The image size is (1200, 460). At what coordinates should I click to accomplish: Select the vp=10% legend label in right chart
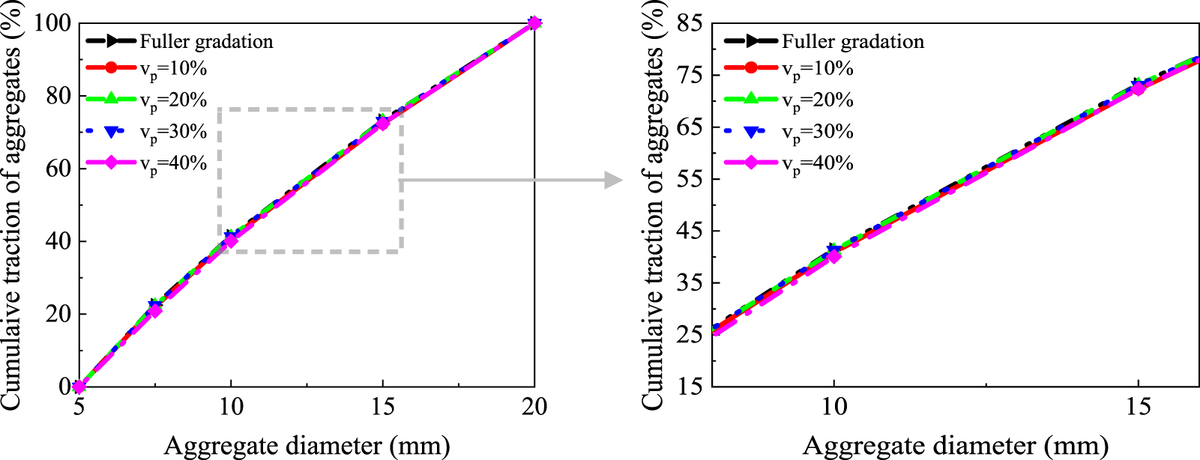(x=818, y=69)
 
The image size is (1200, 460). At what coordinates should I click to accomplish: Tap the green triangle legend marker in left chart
(x=110, y=99)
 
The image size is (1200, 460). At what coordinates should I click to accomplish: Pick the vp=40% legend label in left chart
(x=173, y=163)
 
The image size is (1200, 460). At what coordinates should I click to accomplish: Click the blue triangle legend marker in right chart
(x=751, y=131)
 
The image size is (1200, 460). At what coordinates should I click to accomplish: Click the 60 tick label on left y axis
(x=59, y=169)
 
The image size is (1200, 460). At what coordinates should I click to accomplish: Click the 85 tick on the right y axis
(x=690, y=23)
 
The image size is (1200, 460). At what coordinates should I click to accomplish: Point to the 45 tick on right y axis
(x=690, y=231)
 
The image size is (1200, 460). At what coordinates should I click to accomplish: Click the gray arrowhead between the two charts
(x=614, y=180)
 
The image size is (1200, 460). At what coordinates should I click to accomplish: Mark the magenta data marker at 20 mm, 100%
(x=534, y=23)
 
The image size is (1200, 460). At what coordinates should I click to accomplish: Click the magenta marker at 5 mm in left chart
(x=79, y=387)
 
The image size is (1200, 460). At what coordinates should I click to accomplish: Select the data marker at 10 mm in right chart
(x=833, y=255)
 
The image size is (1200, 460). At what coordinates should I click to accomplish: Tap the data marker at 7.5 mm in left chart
(x=155, y=309)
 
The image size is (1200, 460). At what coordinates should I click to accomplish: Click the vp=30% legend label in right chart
(x=818, y=133)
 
